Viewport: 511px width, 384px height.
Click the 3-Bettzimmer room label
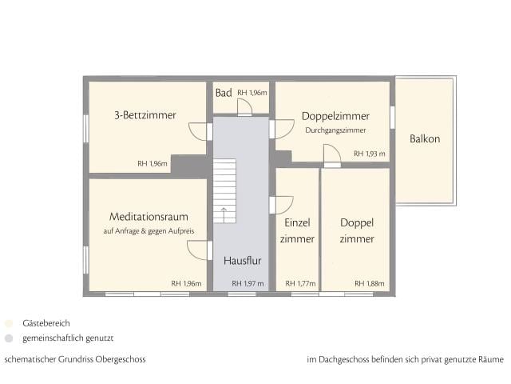coord(145,115)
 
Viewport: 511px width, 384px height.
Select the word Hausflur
coord(242,260)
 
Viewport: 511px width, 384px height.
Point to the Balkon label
coord(425,138)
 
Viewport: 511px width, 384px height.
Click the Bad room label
coord(224,94)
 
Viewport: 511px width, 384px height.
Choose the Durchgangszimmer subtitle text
coord(335,130)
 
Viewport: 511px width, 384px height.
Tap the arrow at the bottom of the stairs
coord(224,214)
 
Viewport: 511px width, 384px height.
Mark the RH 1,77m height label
coord(300,283)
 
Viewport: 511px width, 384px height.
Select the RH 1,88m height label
coord(370,283)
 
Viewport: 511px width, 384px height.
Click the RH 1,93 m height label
coord(370,154)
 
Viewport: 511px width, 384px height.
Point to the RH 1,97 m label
coord(248,283)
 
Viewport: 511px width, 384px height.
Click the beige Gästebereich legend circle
coord(9,324)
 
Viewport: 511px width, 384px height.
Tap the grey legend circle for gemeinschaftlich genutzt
coord(9,338)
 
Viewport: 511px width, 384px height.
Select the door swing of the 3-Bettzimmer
coord(198,131)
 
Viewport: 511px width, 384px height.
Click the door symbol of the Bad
coord(244,106)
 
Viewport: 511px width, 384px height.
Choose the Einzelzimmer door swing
coord(283,205)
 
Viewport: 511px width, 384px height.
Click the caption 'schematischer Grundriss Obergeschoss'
coord(75,359)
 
